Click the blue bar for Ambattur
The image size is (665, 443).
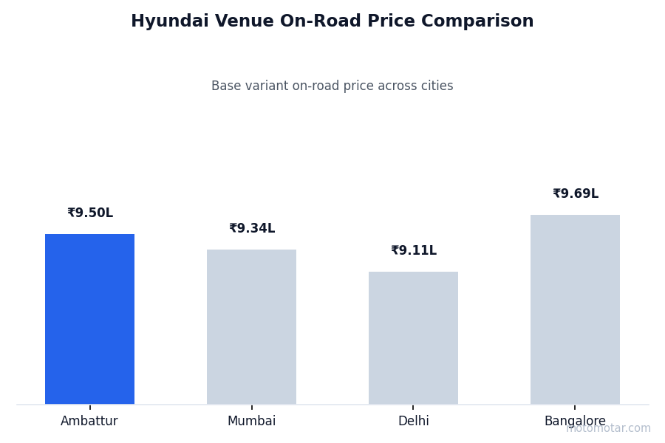[89, 319]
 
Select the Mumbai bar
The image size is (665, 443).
[251, 326]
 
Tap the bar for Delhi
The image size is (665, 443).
[413, 337]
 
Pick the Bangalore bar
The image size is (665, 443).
[575, 309]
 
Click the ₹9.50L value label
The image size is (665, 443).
[90, 213]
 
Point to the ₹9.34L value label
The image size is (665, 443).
[252, 229]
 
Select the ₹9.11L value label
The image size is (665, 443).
[414, 251]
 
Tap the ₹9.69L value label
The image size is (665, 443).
[576, 194]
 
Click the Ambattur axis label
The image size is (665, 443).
[89, 422]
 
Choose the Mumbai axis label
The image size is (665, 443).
[251, 422]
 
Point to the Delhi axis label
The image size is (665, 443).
[413, 422]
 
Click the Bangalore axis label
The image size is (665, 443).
[575, 422]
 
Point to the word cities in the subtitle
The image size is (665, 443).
[436, 86]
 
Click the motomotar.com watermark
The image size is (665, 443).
[609, 428]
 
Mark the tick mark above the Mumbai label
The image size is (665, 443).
[251, 407]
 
